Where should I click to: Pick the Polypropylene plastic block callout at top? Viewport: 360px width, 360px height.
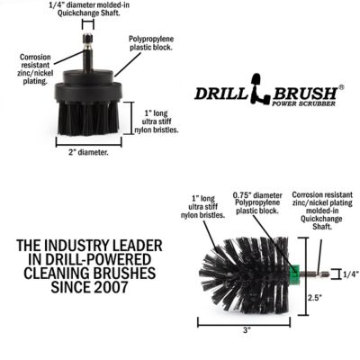151,46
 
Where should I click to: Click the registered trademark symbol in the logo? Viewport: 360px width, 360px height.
340,86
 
